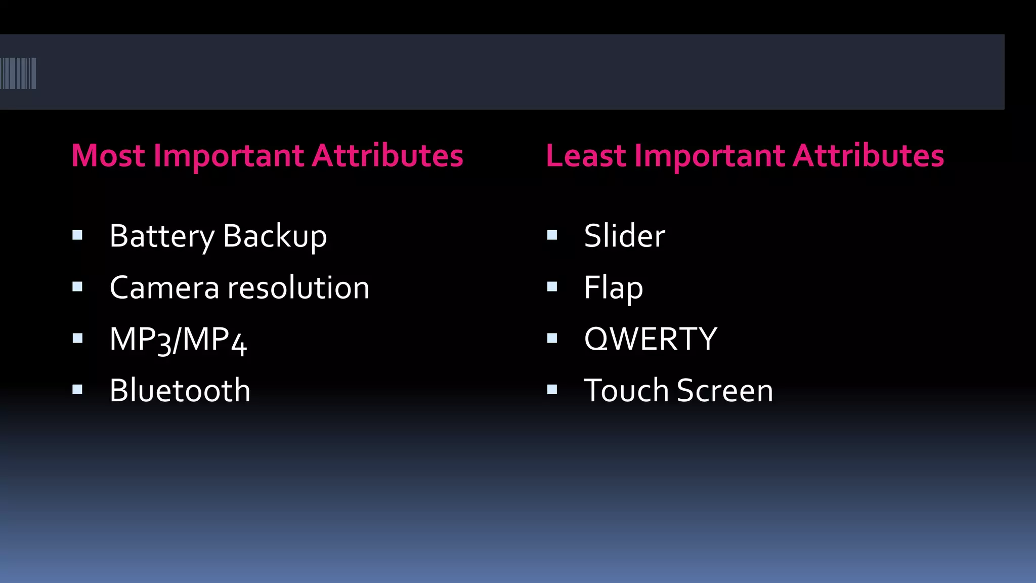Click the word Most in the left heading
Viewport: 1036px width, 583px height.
[x=108, y=155]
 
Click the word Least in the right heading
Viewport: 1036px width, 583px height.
[x=586, y=155]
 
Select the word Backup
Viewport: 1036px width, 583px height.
[x=275, y=236]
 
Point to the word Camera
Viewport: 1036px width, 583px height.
[x=164, y=288]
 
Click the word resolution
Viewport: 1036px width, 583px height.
[x=298, y=288]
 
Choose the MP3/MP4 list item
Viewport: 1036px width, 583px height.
[x=178, y=340]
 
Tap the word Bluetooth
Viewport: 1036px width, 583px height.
[x=180, y=391]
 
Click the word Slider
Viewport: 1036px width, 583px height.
[x=624, y=236]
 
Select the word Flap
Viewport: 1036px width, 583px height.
[x=613, y=288]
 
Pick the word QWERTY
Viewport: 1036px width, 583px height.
[x=651, y=339]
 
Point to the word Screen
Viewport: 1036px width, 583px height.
[x=725, y=391]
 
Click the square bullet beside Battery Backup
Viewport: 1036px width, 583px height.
[x=77, y=235]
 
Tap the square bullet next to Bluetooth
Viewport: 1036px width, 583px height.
[x=77, y=389]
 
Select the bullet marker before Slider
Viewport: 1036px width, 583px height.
[x=552, y=235]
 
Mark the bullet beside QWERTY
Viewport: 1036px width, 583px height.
[x=552, y=338]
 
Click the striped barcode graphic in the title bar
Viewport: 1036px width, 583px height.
[x=18, y=73]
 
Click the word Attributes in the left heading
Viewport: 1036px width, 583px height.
[x=387, y=155]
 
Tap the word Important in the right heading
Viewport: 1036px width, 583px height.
[x=709, y=155]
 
